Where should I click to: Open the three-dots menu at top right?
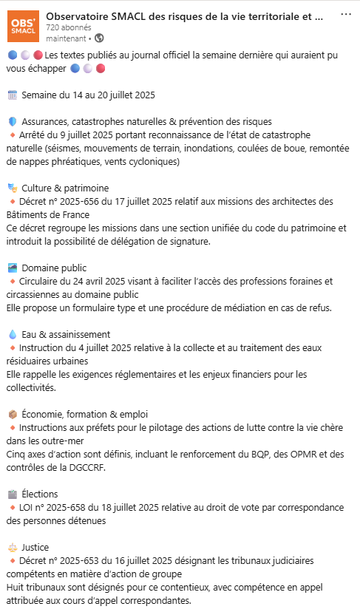[x=346, y=15]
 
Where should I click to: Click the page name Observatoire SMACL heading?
[x=184, y=15]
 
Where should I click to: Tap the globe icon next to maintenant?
[x=100, y=38]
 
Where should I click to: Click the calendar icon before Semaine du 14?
[x=12, y=95]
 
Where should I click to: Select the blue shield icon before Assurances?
[x=12, y=121]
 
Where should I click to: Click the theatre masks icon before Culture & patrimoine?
[x=12, y=188]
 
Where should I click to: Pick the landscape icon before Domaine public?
[x=12, y=268]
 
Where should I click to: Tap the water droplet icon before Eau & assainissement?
[x=12, y=334]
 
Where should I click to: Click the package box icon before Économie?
[x=12, y=414]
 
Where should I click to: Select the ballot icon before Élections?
[x=12, y=494]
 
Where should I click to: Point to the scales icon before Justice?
[x=12, y=547]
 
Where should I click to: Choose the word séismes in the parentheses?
[x=69, y=148]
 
